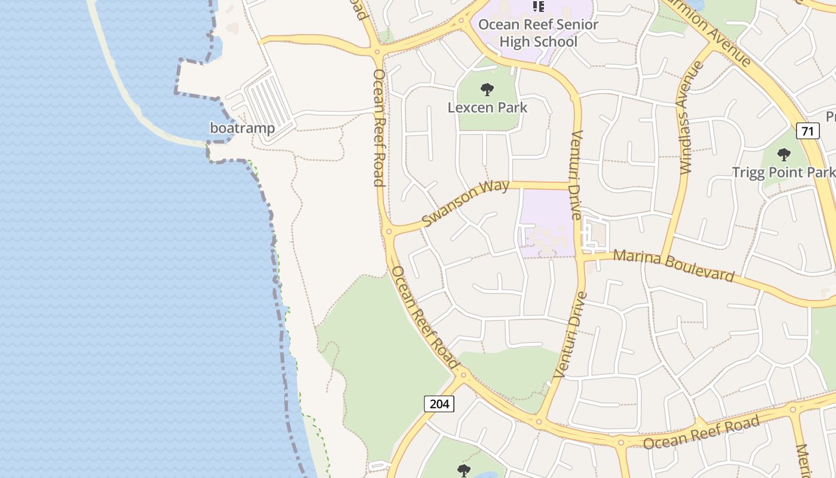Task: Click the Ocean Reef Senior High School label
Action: tap(538, 33)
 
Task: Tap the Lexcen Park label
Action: tap(488, 108)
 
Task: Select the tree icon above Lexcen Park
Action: tap(487, 90)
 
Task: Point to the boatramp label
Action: tap(242, 128)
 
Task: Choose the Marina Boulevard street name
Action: tap(674, 265)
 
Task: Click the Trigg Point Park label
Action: tap(783, 172)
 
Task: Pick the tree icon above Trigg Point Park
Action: tap(784, 155)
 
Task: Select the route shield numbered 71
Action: tap(807, 131)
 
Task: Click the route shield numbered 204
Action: tap(439, 404)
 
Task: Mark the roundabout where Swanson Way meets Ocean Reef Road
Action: tap(389, 231)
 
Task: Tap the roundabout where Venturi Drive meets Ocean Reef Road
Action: tap(539, 422)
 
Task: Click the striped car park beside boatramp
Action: tap(268, 100)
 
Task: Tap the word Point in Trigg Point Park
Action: tap(783, 172)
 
